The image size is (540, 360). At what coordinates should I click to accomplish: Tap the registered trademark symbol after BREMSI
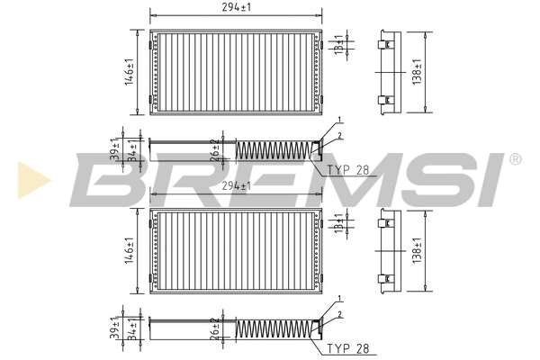click(515, 159)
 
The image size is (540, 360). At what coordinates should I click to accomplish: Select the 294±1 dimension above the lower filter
click(236, 185)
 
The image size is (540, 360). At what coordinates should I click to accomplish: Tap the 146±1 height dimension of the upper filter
click(129, 72)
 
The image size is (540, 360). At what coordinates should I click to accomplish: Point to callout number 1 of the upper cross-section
click(339, 121)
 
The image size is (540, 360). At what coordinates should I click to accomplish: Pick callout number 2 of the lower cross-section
click(339, 314)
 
